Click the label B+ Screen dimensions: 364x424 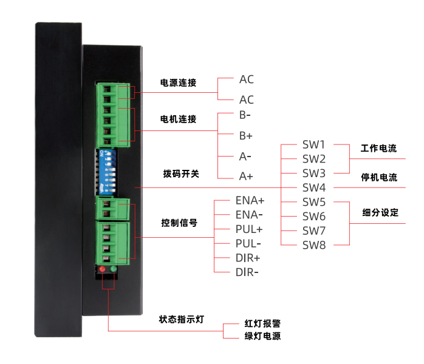click(246, 135)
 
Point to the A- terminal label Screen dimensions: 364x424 click(245, 156)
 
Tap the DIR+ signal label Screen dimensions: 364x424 click(248, 258)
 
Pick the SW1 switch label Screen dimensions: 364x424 click(314, 145)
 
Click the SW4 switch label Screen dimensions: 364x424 click(314, 187)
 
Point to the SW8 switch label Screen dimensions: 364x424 click(314, 245)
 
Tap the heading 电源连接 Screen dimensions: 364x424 click(178, 83)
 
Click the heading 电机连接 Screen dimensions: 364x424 click(178, 119)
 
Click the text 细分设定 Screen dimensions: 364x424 click(380, 212)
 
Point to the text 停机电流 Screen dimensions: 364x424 click(379, 178)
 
